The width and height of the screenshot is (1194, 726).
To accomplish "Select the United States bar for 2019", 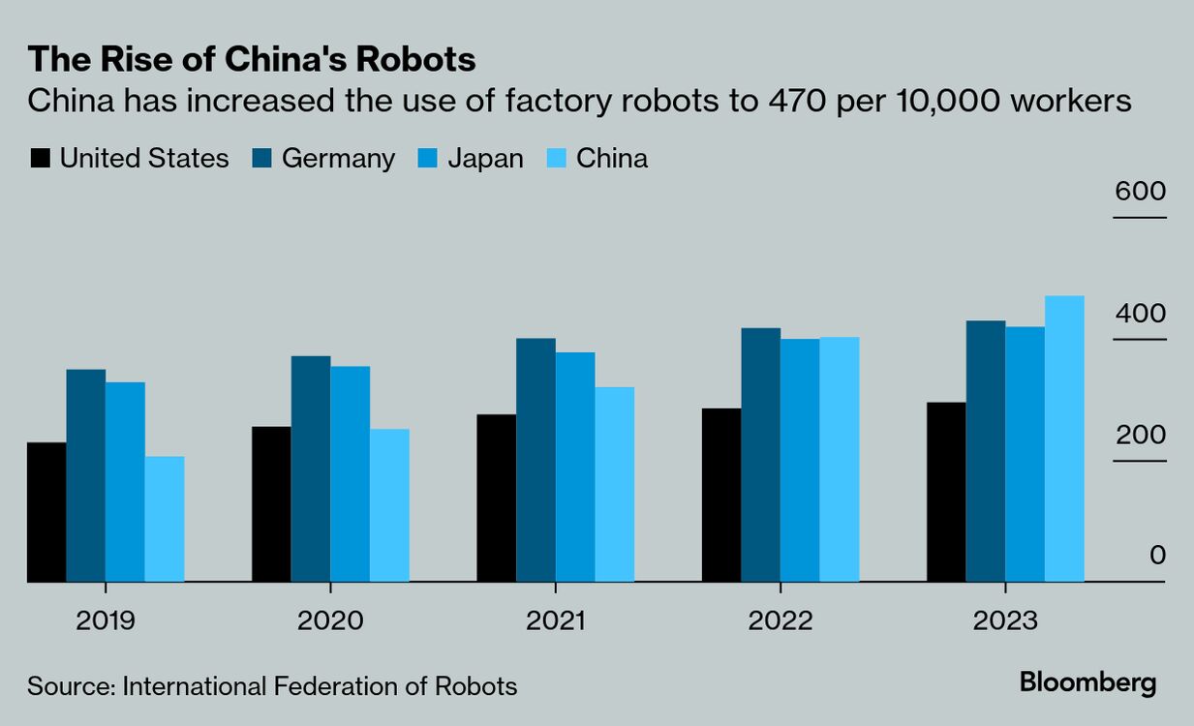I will click(x=46, y=512).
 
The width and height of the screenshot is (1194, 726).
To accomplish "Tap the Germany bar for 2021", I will click(x=536, y=460).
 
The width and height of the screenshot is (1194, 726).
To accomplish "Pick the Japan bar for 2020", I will click(x=350, y=473).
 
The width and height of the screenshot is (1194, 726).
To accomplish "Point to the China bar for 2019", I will click(x=165, y=519).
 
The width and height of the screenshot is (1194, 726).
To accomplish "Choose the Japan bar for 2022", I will click(x=800, y=460).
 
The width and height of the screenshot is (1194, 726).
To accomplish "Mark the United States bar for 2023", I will click(x=946, y=492).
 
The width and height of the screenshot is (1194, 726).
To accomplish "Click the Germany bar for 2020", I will click(x=310, y=469).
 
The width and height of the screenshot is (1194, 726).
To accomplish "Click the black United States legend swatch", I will click(x=40, y=159).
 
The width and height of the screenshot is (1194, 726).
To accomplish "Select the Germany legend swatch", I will click(x=261, y=159).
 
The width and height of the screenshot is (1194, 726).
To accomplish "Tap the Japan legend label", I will click(x=485, y=159).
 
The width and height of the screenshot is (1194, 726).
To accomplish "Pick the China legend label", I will click(x=612, y=159).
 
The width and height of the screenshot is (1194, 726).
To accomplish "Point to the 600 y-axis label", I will click(x=1140, y=191).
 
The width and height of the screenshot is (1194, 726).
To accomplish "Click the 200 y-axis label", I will click(x=1140, y=435).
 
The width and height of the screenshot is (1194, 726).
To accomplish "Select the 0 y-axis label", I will click(x=1157, y=556).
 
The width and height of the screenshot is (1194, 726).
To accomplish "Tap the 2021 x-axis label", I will click(x=555, y=620).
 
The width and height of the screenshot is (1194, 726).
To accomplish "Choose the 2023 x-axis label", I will click(x=1004, y=620).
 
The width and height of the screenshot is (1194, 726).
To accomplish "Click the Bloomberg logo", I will click(x=1087, y=682).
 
